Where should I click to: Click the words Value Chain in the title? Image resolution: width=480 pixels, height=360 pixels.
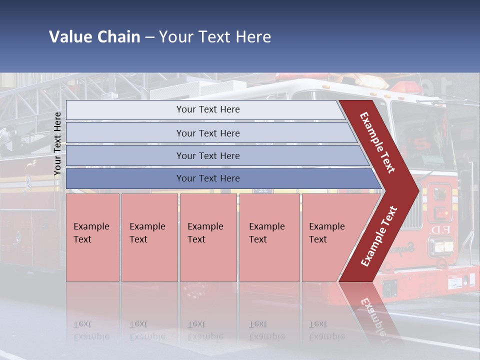(94, 37)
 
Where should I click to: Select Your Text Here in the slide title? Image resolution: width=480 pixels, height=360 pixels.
(215, 37)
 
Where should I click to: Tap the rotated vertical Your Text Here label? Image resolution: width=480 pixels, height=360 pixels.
(57, 143)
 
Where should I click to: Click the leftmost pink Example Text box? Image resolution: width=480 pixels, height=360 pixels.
(92, 237)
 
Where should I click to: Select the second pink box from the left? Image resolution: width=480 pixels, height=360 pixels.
(149, 237)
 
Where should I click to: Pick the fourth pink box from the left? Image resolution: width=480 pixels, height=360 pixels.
(269, 237)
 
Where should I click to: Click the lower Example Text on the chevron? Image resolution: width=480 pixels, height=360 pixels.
(379, 236)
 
